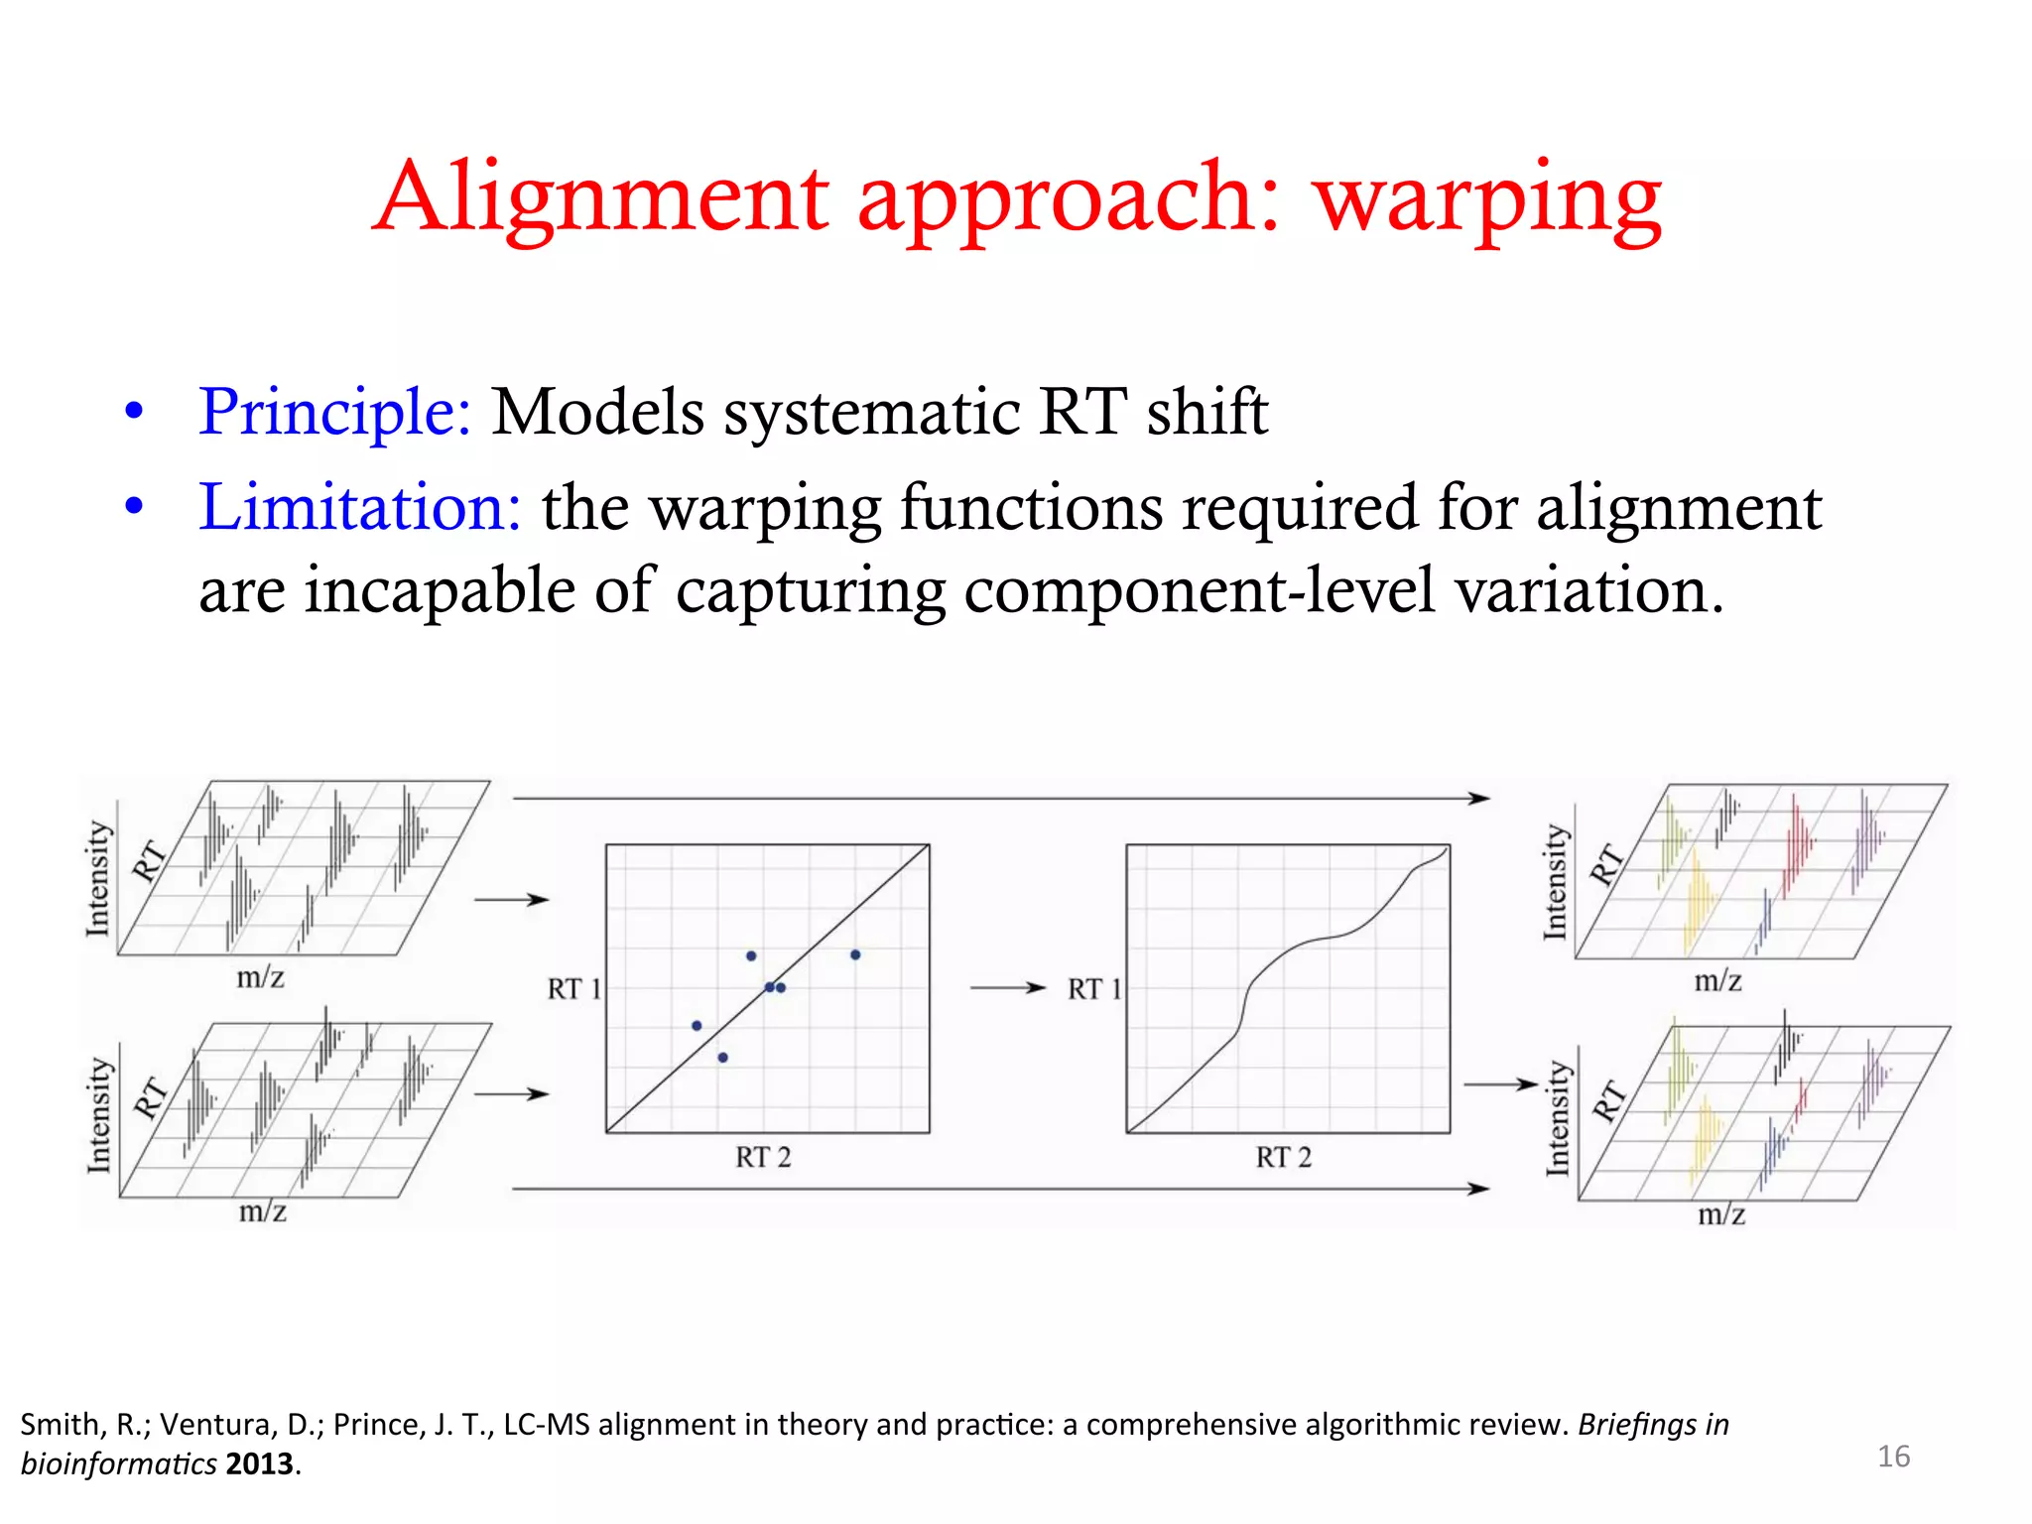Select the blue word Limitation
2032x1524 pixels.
click(x=359, y=507)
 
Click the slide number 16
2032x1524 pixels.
click(x=1893, y=1457)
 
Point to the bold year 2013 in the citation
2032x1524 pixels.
click(x=260, y=1464)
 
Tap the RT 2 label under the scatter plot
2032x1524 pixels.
click(x=763, y=1157)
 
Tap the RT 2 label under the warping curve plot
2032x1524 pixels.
click(x=1283, y=1157)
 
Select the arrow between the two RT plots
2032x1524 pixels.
click(x=1007, y=988)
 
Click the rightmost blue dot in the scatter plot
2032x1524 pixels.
click(x=855, y=954)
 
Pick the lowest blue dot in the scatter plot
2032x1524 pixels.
click(x=722, y=1058)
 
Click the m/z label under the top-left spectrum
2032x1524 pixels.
click(x=260, y=978)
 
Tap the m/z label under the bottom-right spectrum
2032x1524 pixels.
click(x=1721, y=1214)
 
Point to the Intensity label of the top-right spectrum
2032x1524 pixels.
click(x=1555, y=882)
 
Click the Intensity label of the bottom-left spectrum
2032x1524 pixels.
click(x=99, y=1115)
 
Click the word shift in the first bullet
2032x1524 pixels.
click(x=1207, y=411)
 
